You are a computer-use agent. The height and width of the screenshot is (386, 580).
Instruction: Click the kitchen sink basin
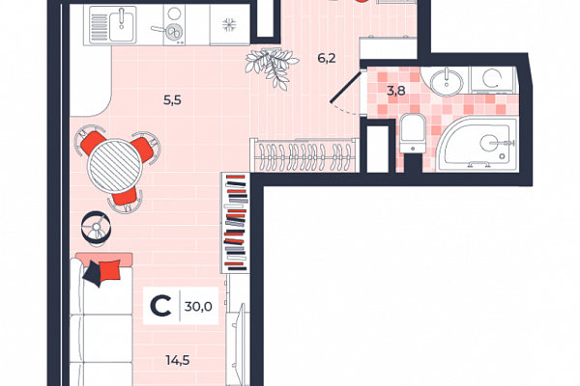coord(122,25)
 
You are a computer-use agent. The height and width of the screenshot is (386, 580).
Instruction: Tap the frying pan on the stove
coord(169,32)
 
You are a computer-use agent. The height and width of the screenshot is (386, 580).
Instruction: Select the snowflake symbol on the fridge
coord(229,25)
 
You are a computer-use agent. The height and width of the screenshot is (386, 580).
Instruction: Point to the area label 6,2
coord(327,58)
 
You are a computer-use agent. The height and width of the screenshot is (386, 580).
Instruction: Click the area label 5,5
coord(172,100)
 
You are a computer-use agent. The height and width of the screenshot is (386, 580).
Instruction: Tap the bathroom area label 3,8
coord(395,91)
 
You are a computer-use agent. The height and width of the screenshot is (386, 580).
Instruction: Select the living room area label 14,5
coord(178,360)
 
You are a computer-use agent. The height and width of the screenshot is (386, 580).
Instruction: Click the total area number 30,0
coord(198,306)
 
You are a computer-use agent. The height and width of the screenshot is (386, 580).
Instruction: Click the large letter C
coord(160,306)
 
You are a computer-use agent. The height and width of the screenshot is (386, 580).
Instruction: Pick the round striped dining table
coord(115,165)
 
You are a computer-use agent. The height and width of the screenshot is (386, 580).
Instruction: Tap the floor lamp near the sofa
coord(96,228)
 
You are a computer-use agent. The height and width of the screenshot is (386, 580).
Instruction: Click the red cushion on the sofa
coord(110,270)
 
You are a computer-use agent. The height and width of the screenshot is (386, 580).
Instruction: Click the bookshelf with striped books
coord(235,223)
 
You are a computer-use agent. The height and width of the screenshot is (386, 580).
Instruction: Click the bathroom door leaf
coord(345,87)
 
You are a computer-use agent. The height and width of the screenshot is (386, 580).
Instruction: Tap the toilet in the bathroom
coord(413,133)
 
